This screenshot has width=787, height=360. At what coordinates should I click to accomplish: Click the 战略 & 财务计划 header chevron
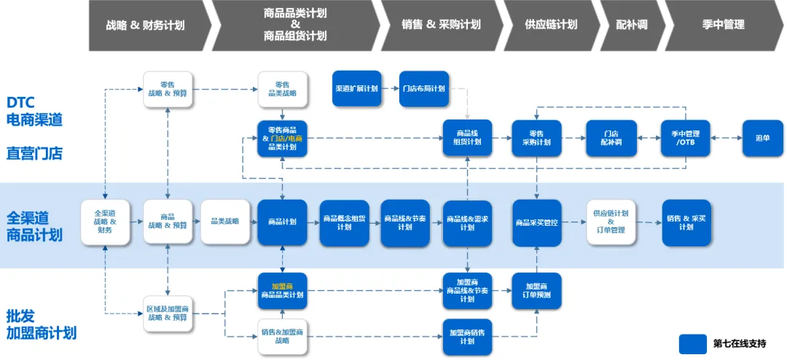pyautogui.click(x=146, y=25)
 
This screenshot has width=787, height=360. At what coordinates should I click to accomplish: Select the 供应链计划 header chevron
pyautogui.click(x=551, y=25)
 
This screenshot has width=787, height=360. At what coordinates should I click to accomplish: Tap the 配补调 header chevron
pyautogui.click(x=631, y=25)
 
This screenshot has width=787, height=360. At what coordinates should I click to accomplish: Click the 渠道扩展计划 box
pyautogui.click(x=357, y=89)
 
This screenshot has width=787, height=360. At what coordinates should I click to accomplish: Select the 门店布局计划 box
pyautogui.click(x=423, y=89)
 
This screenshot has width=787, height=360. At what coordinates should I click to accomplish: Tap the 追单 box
pyautogui.click(x=762, y=138)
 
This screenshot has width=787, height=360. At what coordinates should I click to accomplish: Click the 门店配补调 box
pyautogui.click(x=611, y=138)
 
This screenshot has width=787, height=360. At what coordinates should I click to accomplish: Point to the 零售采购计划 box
pyautogui.click(x=536, y=138)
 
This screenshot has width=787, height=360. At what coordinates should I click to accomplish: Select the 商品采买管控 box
pyautogui.click(x=536, y=222)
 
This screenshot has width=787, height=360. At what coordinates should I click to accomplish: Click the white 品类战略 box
pyautogui.click(x=225, y=222)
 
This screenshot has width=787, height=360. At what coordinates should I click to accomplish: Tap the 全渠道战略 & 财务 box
pyautogui.click(x=105, y=222)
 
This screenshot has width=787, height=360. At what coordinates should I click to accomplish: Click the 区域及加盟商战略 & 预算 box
pyautogui.click(x=168, y=313)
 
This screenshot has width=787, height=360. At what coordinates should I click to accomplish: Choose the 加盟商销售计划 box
pyautogui.click(x=467, y=337)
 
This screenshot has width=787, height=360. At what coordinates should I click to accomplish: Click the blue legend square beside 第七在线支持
pyautogui.click(x=693, y=343)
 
